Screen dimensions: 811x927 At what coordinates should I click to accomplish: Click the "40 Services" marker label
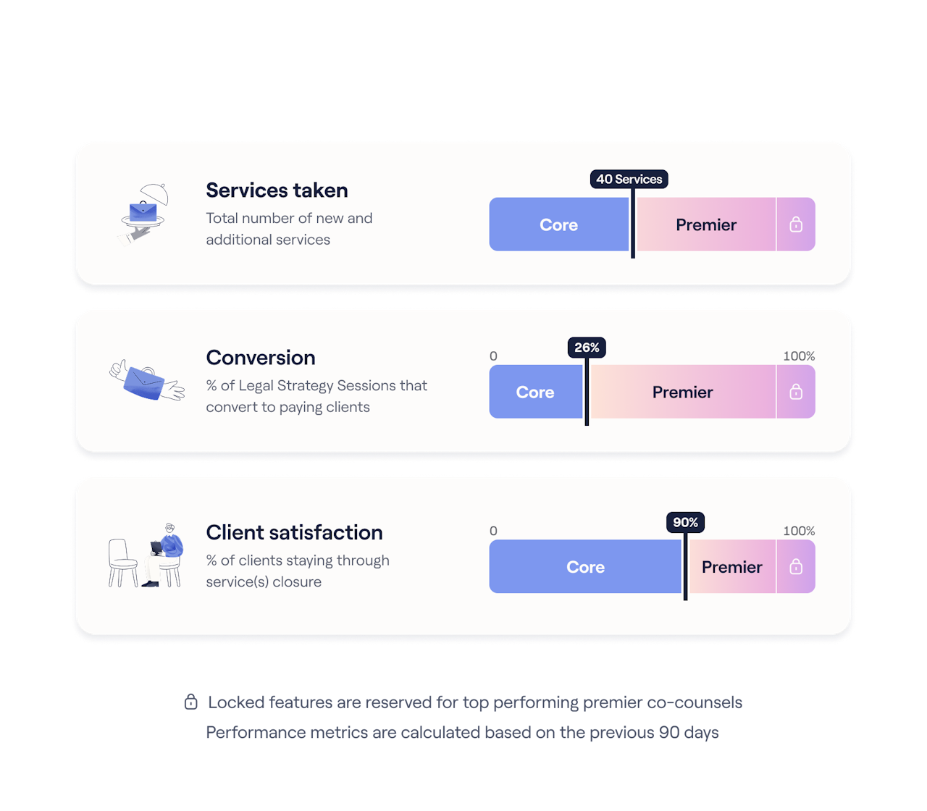pos(629,179)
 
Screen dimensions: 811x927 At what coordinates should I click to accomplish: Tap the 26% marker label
pos(587,348)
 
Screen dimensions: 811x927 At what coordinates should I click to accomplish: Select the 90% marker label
pos(685,522)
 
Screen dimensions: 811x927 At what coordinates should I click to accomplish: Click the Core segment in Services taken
pos(558,224)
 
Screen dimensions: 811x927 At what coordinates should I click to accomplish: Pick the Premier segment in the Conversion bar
pos(682,392)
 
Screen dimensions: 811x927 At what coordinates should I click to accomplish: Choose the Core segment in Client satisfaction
pos(585,567)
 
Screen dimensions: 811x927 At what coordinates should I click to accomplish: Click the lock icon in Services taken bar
pos(796,224)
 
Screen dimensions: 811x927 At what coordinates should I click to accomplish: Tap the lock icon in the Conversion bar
pos(796,392)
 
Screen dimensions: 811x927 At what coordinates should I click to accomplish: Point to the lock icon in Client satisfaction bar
pos(796,567)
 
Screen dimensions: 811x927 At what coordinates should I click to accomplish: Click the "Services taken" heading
pos(277,190)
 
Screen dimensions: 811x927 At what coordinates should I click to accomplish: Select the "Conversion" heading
pos(261,358)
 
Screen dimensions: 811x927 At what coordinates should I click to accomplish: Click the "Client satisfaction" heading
pos(294,532)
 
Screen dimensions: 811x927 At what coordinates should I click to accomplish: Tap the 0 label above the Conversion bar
pos(493,356)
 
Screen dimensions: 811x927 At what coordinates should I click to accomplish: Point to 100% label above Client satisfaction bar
pos(799,531)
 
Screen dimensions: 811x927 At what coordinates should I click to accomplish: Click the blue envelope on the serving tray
pos(143,211)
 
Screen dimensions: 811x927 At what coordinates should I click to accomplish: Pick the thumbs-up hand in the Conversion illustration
pos(119,370)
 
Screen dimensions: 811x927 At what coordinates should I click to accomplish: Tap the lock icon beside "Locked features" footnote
pos(191,702)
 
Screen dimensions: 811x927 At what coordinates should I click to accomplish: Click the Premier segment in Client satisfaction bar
pos(731,567)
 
